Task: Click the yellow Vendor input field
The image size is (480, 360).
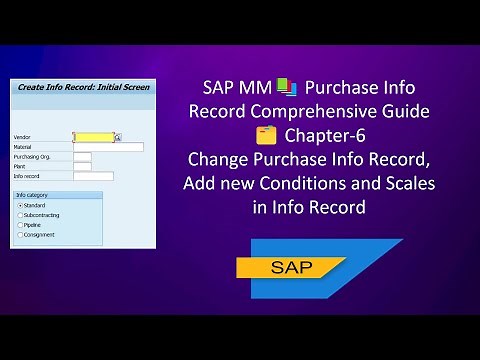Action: pyautogui.click(x=93, y=138)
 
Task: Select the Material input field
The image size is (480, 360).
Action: pyautogui.click(x=108, y=147)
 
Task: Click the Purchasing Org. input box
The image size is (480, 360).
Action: pyautogui.click(x=82, y=157)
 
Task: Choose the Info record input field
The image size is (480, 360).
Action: pyautogui.click(x=93, y=176)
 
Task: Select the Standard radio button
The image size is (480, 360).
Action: pyautogui.click(x=20, y=205)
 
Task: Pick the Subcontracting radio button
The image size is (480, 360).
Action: pyautogui.click(x=20, y=214)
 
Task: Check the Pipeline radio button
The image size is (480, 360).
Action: pyautogui.click(x=20, y=224)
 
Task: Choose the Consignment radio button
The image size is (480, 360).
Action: pyautogui.click(x=20, y=234)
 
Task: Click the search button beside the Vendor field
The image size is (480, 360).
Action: pyautogui.click(x=118, y=138)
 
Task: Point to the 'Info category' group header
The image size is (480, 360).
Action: pyautogui.click(x=32, y=194)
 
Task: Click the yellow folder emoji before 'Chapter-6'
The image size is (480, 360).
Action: pyautogui.click(x=264, y=134)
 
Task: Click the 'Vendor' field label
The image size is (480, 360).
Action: pyautogui.click(x=23, y=138)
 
